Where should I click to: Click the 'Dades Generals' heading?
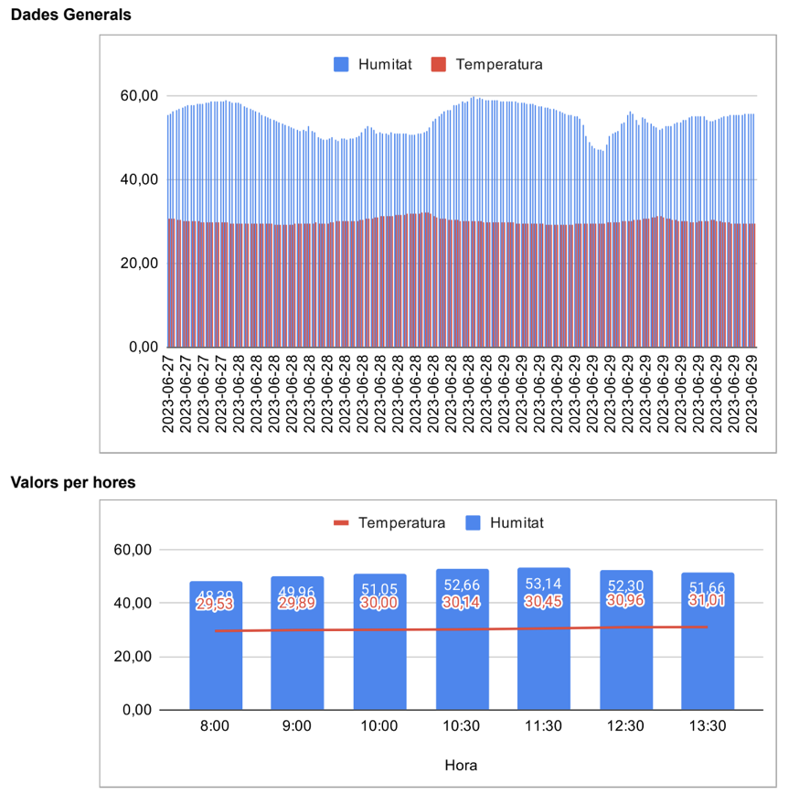pos(70,15)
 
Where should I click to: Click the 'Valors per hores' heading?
pos(72,482)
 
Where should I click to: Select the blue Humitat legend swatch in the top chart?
pos(341,64)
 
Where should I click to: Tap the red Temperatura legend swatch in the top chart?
pos(439,64)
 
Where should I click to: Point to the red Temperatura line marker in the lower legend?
pos(341,523)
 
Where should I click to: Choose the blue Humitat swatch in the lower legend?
pos(473,523)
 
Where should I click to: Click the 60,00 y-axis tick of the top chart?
pos(140,96)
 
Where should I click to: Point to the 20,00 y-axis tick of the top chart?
pos(140,263)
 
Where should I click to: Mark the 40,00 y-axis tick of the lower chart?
pos(140,603)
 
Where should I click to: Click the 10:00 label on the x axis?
pos(379,727)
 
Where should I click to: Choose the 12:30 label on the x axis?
pos(625,727)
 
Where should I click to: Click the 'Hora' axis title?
pos(461,765)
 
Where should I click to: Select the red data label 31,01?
pos(707,599)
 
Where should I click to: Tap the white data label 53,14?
pos(543,584)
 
